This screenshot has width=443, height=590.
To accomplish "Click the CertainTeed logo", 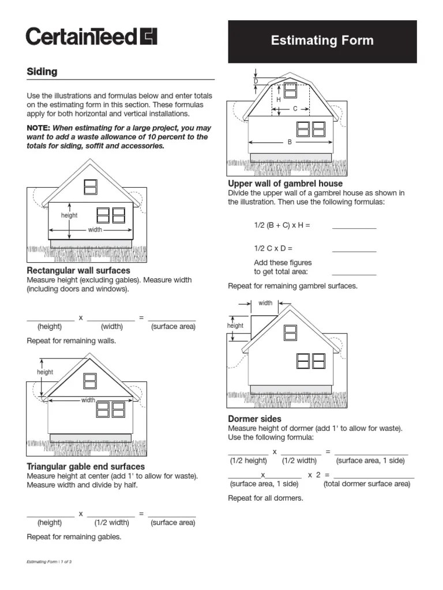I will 91,37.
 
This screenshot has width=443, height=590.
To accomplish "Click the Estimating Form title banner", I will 322,41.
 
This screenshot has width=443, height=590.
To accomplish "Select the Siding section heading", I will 42,72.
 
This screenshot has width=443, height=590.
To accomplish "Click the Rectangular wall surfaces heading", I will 78,270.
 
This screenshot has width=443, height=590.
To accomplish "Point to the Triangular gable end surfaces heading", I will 86,467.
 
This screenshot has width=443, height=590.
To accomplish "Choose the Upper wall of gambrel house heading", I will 285,184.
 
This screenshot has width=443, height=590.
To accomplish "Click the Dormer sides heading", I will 254,419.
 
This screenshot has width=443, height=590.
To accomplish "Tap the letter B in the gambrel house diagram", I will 290,142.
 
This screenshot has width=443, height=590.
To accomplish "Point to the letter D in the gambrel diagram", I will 256,82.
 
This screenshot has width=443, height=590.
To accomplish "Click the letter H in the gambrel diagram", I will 278,100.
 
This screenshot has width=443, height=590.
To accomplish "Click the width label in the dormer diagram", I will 265,303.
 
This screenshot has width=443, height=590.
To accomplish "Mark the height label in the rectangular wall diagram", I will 69,215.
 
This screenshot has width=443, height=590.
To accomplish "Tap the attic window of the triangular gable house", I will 90,381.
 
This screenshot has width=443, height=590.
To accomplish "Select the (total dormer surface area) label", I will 367,484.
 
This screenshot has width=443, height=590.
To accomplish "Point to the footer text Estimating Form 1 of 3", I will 49,562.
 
